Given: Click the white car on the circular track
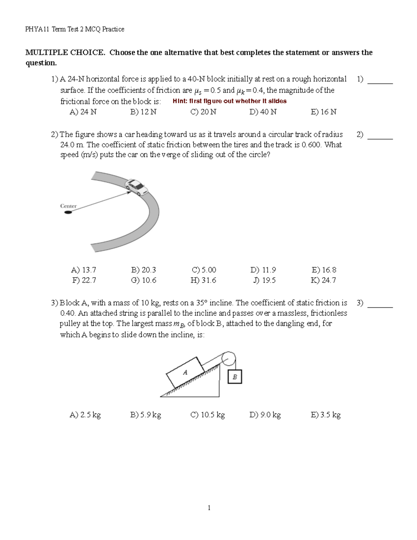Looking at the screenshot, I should (x=137, y=187).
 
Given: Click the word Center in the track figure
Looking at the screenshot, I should (x=68, y=206).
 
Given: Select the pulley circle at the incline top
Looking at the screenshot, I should (x=229, y=359).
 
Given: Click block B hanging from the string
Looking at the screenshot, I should (x=235, y=377).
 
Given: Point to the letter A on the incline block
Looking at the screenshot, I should (x=185, y=372).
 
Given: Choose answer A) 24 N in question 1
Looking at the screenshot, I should (x=83, y=112).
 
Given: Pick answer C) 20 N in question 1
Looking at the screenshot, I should (x=203, y=112).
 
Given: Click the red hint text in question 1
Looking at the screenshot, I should (x=229, y=101).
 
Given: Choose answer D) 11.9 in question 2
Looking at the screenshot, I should (x=263, y=270).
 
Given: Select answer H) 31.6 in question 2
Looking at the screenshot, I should (x=203, y=280).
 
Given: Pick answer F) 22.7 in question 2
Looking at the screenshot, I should (x=84, y=280).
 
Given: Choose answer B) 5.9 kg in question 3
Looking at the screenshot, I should (x=146, y=415).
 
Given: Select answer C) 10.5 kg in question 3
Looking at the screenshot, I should (x=207, y=415).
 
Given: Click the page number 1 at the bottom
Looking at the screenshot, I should (x=209, y=508).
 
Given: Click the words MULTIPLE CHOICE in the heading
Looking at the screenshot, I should (x=65, y=53).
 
